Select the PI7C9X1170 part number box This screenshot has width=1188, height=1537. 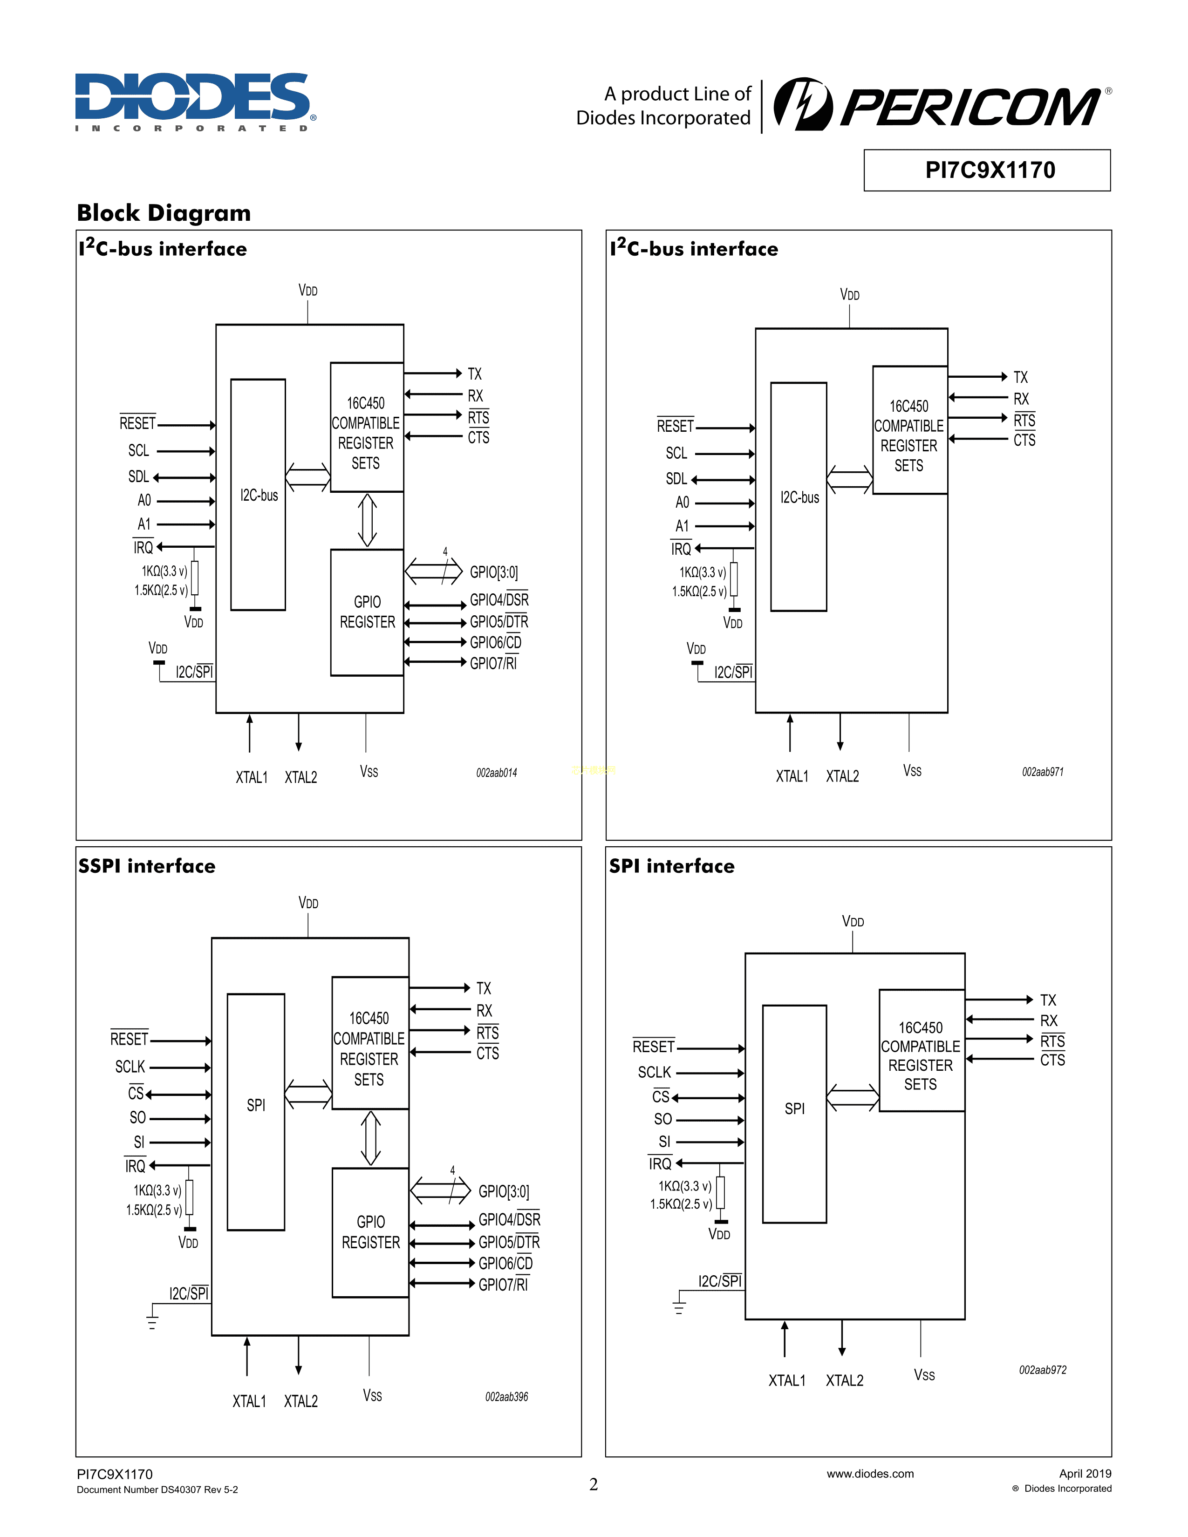pyautogui.click(x=987, y=170)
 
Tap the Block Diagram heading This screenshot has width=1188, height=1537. pyautogui.click(x=163, y=212)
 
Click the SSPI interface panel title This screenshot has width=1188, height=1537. pyautogui.click(x=146, y=866)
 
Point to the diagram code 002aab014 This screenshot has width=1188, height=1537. pyautogui.click(x=496, y=773)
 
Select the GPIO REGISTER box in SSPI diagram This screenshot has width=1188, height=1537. pyautogui.click(x=370, y=1232)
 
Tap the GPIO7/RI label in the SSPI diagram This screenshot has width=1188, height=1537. pyautogui.click(x=503, y=1285)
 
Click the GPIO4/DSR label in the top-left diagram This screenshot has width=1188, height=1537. pyautogui.click(x=499, y=599)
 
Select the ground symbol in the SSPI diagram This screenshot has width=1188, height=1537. pyautogui.click(x=152, y=1321)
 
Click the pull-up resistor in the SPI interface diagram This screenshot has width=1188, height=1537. pyautogui.click(x=720, y=1192)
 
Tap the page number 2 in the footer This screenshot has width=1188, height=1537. pyautogui.click(x=593, y=1484)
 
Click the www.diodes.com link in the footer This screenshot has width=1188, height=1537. pyautogui.click(x=870, y=1474)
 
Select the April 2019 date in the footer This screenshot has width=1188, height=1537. pyautogui.click(x=1085, y=1474)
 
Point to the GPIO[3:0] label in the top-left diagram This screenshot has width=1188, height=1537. pyautogui.click(x=494, y=572)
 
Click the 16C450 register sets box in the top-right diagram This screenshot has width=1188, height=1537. pyautogui.click(x=909, y=430)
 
